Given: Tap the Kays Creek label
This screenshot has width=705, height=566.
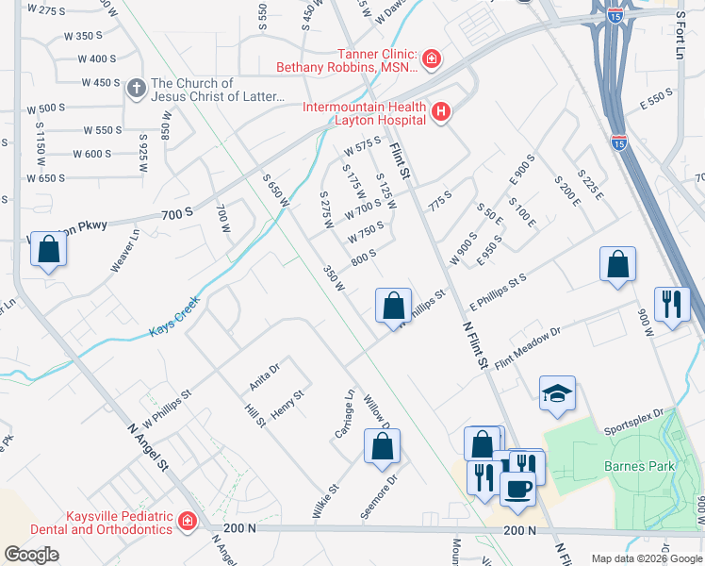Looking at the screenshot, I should point(175,332).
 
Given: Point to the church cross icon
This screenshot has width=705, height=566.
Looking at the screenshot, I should point(137,90).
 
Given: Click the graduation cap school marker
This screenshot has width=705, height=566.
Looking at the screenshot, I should point(557,394).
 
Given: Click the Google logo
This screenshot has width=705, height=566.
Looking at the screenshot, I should point(31,554).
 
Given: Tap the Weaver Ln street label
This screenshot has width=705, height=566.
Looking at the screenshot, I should point(123,251).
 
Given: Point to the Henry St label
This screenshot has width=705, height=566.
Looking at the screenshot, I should point(287,405).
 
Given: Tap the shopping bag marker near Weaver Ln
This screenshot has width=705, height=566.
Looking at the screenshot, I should point(49,251).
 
